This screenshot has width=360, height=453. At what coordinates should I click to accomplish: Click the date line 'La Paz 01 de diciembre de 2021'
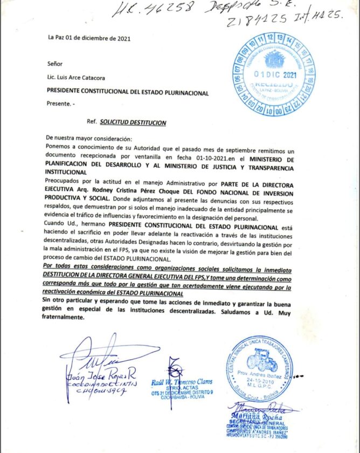(88, 38)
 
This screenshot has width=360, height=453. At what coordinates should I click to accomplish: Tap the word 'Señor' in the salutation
(55, 64)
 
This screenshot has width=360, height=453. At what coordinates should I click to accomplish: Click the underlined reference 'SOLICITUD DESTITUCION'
(133, 122)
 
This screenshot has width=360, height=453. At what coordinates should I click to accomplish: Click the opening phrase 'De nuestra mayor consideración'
(86, 138)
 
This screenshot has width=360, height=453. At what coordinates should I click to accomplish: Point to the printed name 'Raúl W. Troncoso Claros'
(181, 381)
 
